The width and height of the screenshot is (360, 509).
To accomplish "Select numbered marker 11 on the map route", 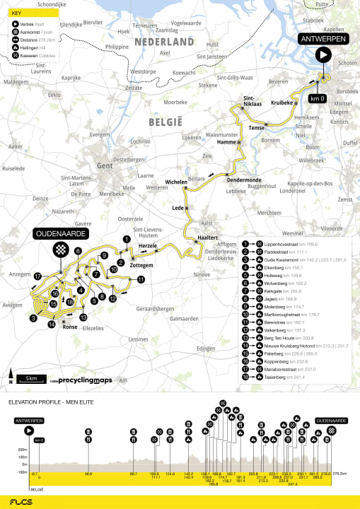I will (141, 279).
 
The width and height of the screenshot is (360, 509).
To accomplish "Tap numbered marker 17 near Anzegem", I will (37, 276).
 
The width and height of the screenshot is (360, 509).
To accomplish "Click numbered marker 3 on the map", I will (33, 319).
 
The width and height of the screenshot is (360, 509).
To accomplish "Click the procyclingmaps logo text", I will (84, 380).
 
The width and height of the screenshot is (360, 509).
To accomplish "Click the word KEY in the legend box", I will (16, 13).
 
